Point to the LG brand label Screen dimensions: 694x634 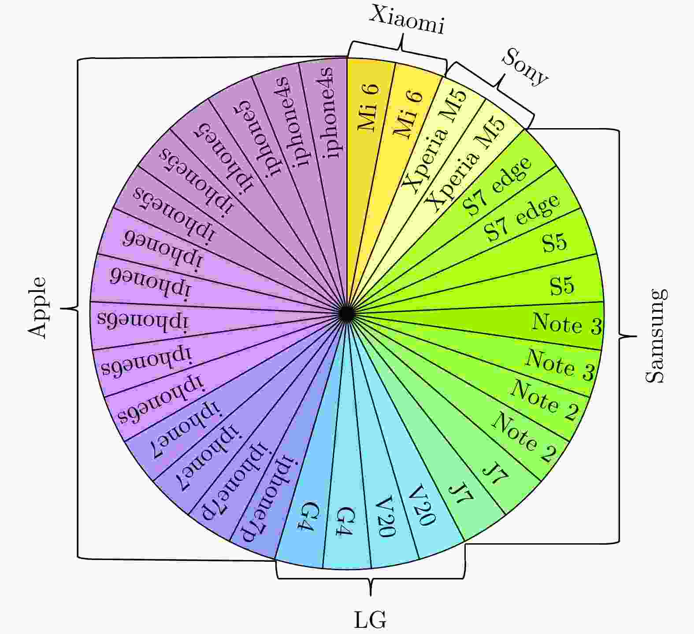[370, 620]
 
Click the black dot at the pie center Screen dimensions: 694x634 [347, 313]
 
